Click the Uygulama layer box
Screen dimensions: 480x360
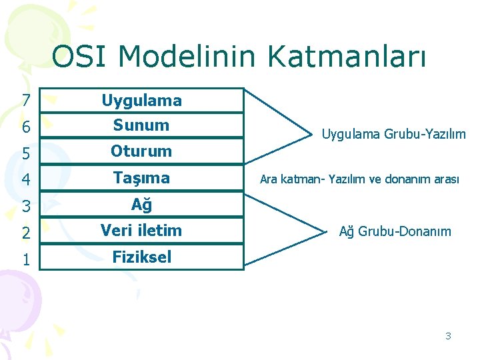(x=141, y=101)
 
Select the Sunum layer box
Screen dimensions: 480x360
(x=141, y=125)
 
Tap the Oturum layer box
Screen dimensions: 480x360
(x=141, y=151)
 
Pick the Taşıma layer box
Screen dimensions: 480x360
(x=141, y=178)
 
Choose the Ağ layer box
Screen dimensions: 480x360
(x=141, y=205)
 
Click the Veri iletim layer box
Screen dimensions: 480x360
(x=141, y=231)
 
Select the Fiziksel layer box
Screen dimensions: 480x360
(x=141, y=257)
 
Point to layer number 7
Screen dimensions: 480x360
(x=25, y=101)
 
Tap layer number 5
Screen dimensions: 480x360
(x=25, y=153)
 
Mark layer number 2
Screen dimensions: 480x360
(x=25, y=233)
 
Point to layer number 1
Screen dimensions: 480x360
(x=25, y=259)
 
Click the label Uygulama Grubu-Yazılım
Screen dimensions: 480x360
(x=393, y=135)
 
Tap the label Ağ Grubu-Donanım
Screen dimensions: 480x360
(x=395, y=232)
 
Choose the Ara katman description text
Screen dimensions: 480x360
(x=359, y=179)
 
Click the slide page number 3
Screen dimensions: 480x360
(x=448, y=336)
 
